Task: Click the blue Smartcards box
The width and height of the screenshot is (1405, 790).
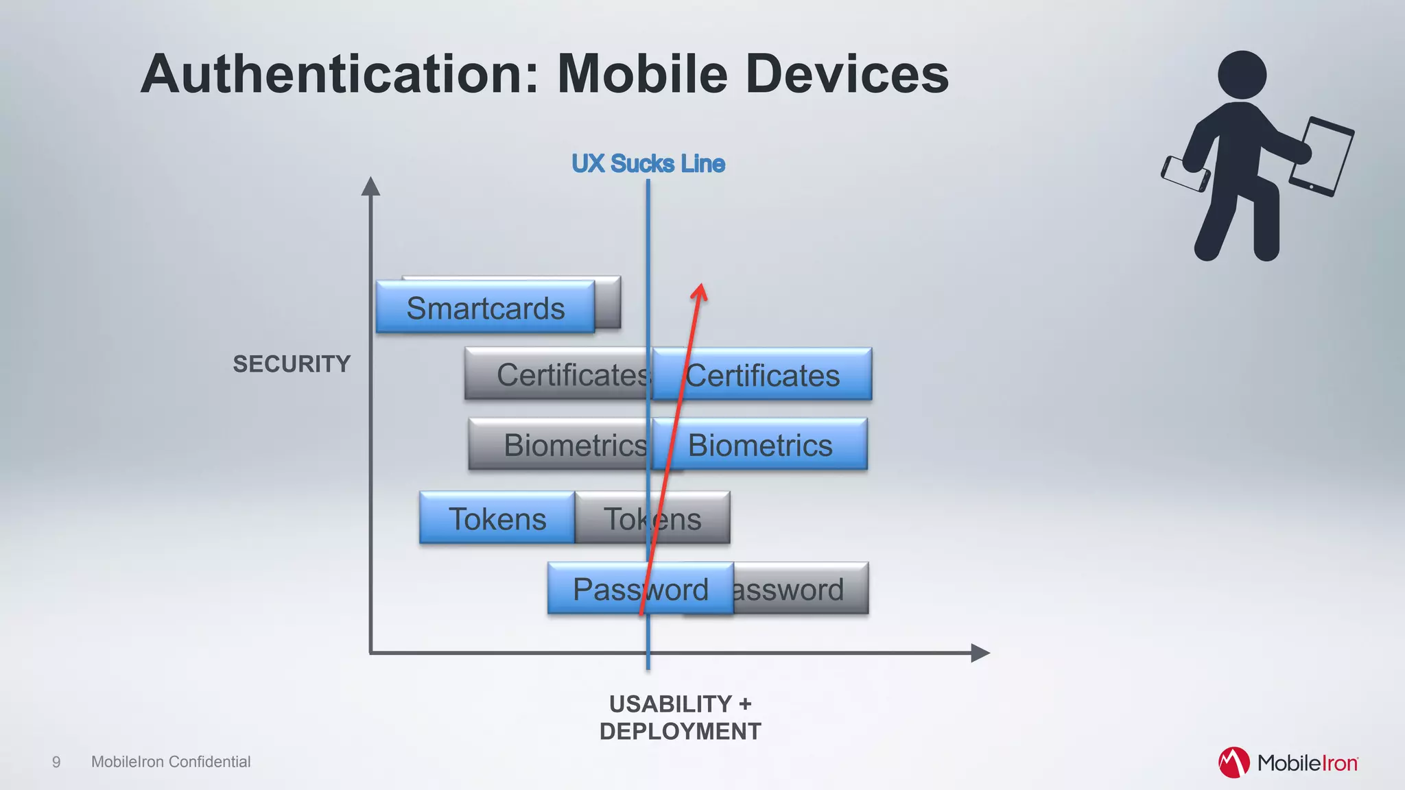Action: pos(485,307)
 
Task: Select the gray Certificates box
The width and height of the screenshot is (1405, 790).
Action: pos(557,374)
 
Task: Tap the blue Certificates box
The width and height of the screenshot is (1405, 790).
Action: pos(762,374)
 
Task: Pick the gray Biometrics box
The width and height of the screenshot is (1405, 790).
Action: pos(559,444)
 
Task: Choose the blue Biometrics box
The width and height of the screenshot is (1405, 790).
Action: pos(760,444)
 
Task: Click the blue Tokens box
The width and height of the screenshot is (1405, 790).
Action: pos(497,518)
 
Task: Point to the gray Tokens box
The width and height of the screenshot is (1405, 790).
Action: pos(652,518)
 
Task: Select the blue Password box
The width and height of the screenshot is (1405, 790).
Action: pos(640,588)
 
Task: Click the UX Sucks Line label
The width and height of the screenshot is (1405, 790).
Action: pos(648,163)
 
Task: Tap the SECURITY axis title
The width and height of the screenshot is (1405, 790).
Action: pos(292,363)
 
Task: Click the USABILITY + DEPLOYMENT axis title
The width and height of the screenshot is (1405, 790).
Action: pos(680,717)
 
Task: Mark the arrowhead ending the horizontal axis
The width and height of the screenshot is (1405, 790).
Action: pos(980,653)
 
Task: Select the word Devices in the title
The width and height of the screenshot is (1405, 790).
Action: pos(847,74)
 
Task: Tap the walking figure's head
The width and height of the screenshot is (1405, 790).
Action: pos(1242,74)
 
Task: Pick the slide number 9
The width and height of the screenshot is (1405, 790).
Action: pos(56,762)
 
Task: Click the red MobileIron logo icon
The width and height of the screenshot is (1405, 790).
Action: pos(1233,763)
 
